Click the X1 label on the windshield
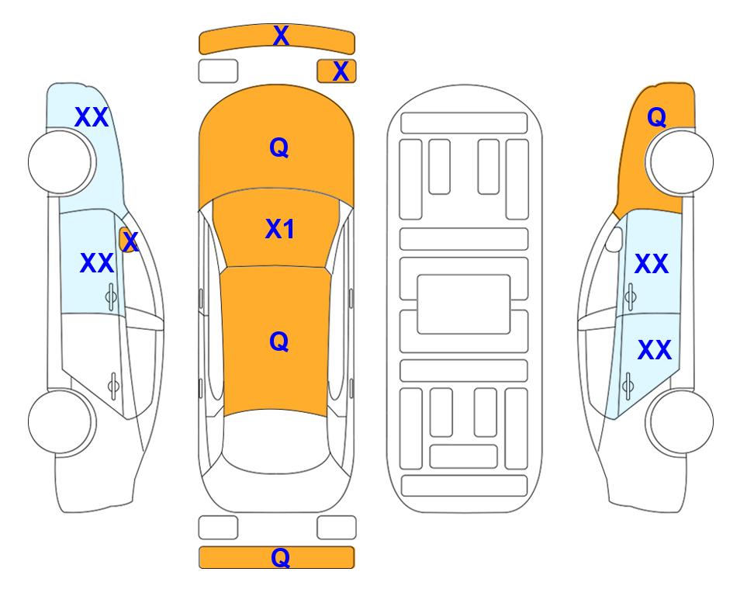[x=280, y=230]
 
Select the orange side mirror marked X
[x=126, y=240]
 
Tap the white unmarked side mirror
[x=614, y=239]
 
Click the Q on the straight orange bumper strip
[x=280, y=557]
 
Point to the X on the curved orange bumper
[x=281, y=36]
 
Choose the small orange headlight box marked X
[x=337, y=71]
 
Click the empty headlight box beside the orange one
[x=218, y=71]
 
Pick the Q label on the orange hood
[x=279, y=147]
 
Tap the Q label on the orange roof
[x=279, y=341]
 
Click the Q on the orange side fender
[x=656, y=117]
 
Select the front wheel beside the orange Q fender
[x=680, y=162]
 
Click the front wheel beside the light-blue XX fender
[x=62, y=162]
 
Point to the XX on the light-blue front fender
[x=92, y=117]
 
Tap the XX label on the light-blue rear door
[x=655, y=350]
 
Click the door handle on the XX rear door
[x=628, y=384]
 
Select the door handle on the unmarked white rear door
[x=113, y=385]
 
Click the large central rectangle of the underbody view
[x=464, y=304]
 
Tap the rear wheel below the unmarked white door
[x=62, y=421]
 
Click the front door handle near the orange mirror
[x=111, y=296]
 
